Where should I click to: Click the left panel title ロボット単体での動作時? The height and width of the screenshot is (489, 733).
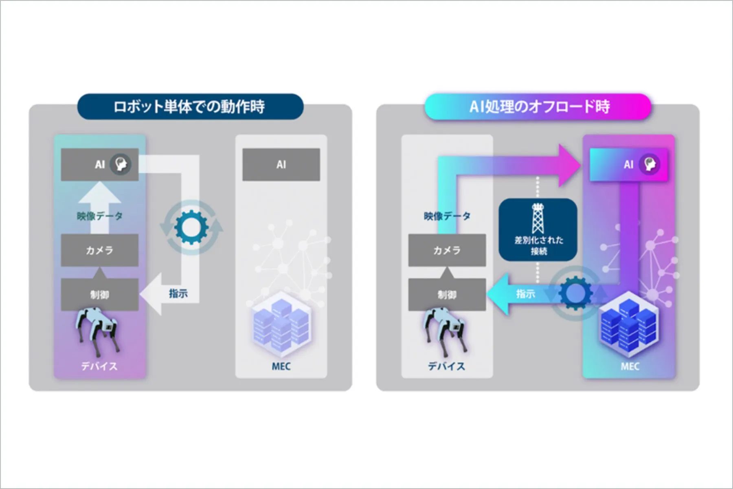tap(190, 107)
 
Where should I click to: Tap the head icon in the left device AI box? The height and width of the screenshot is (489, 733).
tap(121, 164)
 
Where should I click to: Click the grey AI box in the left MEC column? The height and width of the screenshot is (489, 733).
tap(281, 164)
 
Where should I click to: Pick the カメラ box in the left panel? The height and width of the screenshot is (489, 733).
tap(99, 250)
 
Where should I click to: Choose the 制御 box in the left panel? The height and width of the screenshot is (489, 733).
tap(99, 294)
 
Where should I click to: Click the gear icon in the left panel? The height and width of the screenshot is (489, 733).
tap(191, 227)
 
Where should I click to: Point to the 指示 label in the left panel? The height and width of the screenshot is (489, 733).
tap(178, 293)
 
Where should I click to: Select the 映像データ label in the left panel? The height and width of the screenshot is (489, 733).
tap(99, 216)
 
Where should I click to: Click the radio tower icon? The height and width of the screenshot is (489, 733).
tap(538, 218)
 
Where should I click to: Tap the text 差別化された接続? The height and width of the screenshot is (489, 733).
tap(538, 245)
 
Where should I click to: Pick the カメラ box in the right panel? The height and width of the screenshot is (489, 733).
tap(447, 250)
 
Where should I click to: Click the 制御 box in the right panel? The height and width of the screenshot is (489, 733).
tap(447, 294)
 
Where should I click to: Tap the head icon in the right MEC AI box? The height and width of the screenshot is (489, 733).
tap(650, 164)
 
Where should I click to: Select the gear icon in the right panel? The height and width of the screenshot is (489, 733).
tap(575, 293)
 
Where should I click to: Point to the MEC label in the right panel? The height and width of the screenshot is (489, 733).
tap(630, 366)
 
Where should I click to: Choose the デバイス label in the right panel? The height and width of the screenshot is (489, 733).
tap(446, 366)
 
